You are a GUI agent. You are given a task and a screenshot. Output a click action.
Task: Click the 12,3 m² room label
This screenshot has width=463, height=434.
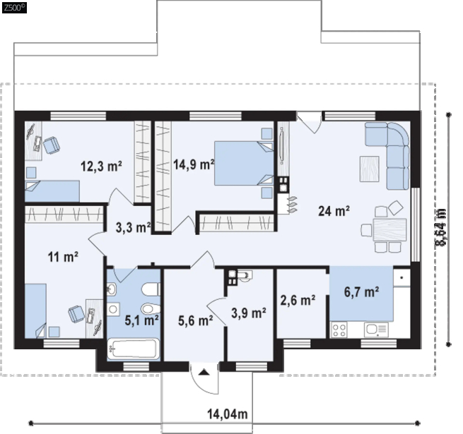tap(101, 167)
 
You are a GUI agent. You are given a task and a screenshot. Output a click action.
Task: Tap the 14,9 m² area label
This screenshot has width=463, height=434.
tap(194, 164)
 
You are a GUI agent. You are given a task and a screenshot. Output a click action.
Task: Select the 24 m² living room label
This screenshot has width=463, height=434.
tap(334, 211)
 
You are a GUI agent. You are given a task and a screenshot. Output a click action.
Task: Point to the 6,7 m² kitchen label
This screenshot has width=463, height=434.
tap(362, 292)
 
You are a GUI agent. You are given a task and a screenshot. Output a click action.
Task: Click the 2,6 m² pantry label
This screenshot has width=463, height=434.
tap(298, 301)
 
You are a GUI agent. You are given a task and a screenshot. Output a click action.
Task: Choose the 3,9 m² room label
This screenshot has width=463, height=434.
tap(249, 313)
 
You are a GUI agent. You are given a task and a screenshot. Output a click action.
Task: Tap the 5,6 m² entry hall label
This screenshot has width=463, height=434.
tap(196, 320)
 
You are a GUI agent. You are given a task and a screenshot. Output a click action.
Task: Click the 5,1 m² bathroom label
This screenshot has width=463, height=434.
tap(142, 320)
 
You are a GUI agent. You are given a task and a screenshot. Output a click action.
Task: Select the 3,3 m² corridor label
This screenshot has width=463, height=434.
tap(133, 227)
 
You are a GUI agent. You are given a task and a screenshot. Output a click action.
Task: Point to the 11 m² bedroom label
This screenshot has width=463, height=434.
tap(63, 257)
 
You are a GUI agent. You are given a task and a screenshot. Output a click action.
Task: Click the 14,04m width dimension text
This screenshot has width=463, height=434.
tap(228, 414)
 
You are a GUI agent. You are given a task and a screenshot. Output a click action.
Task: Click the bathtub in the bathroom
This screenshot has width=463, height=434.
tap(134, 349)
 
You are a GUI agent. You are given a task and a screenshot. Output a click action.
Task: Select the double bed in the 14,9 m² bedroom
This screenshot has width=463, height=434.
tap(244, 163)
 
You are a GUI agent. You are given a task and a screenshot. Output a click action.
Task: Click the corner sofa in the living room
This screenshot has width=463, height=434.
tap(387, 155)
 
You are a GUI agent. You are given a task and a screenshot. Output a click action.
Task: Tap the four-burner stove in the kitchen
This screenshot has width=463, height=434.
tap(339, 330)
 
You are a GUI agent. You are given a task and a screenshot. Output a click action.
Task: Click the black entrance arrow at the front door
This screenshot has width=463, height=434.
tap(204, 373)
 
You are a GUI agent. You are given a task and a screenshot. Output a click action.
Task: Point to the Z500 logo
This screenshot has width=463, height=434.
tap(14, 7)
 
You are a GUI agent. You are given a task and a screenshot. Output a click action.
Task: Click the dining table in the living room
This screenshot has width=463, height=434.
tap(389, 229)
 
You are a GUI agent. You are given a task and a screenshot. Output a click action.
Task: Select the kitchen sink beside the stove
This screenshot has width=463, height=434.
tap(376, 330)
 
